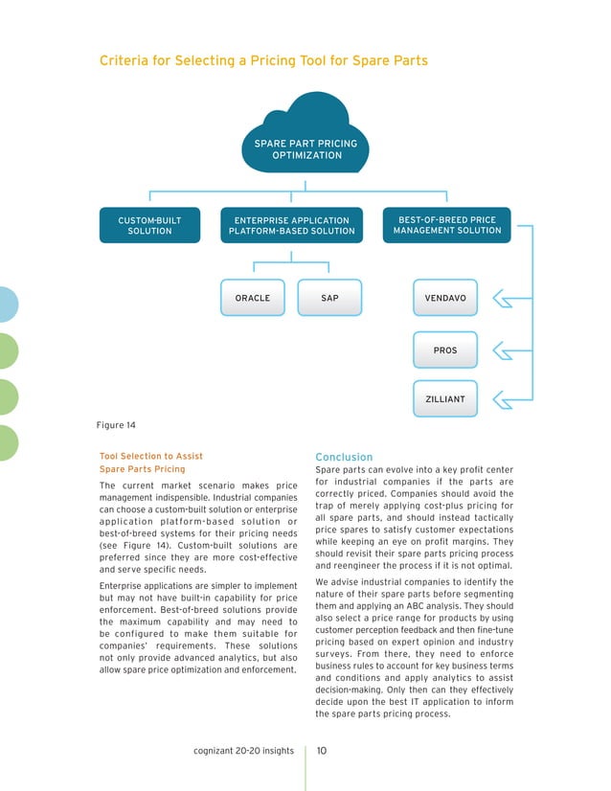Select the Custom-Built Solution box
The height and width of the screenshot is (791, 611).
click(149, 225)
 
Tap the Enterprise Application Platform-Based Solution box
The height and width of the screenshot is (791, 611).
click(292, 225)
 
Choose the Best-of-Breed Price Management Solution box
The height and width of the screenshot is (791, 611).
click(446, 225)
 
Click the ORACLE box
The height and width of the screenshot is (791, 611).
click(253, 298)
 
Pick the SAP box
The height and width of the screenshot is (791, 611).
click(329, 298)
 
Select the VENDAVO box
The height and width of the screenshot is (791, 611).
click(445, 298)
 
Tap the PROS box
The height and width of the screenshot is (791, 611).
click(445, 350)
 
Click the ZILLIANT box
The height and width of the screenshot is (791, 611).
click(445, 398)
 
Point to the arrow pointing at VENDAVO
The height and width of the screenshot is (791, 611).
click(502, 299)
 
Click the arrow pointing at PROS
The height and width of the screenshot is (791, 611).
click(502, 350)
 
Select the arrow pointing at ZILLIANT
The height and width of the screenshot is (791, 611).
click(502, 398)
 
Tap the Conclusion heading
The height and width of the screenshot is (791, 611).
click(344, 457)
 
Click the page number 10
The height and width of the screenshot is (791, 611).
click(322, 751)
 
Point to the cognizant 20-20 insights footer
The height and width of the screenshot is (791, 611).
click(243, 751)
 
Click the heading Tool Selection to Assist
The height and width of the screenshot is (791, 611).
click(151, 456)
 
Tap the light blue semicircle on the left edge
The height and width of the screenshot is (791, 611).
click(8, 305)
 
